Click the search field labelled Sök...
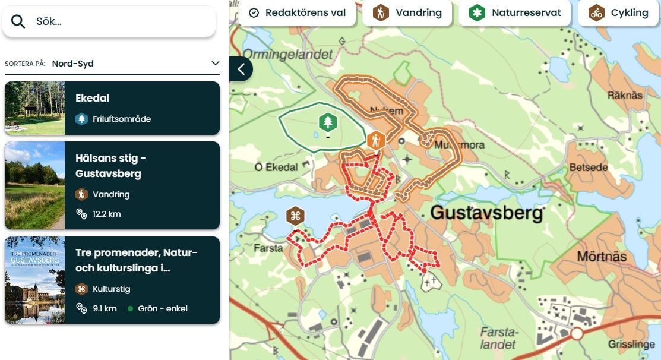[x=119, y=21]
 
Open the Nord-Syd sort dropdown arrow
[x=215, y=64]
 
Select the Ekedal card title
[x=92, y=98]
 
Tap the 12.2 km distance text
[x=106, y=214]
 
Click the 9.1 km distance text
[x=105, y=308]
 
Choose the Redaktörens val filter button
[x=297, y=12]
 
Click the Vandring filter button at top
[x=407, y=12]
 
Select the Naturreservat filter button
[x=514, y=12]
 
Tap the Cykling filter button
[x=619, y=12]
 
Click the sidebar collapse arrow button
[x=241, y=69]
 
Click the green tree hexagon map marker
[x=327, y=123]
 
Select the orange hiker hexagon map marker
[x=375, y=141]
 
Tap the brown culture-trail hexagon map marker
[x=295, y=216]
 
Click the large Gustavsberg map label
[x=486, y=213]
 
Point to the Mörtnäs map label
[x=601, y=257]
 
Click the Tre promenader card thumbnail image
[x=34, y=280]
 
